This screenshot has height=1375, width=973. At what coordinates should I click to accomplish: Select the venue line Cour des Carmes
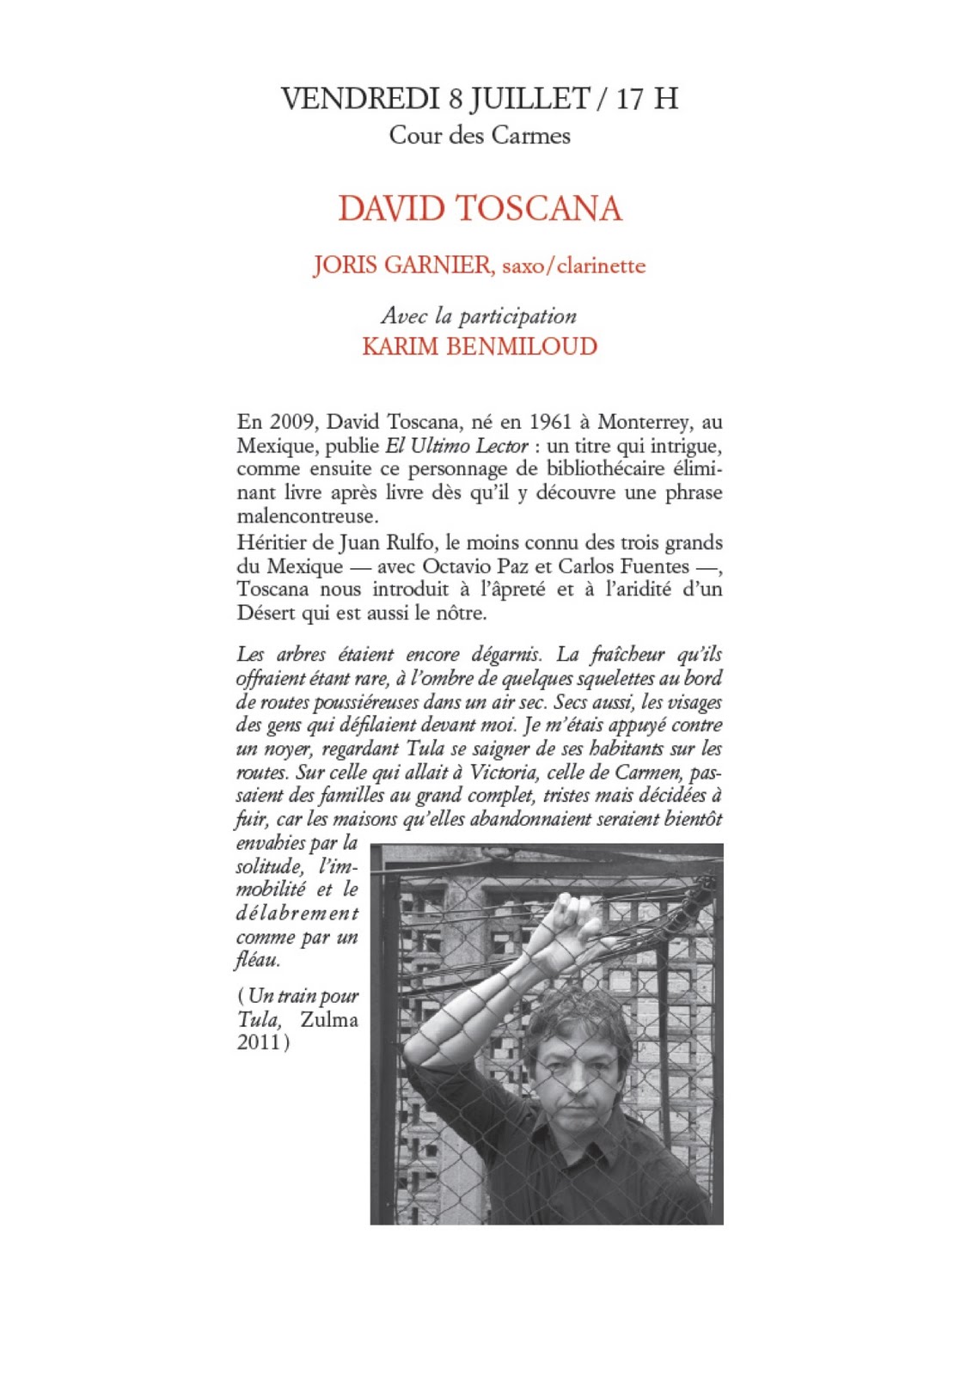point(479,136)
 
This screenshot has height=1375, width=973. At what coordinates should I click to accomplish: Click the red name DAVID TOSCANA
point(480,209)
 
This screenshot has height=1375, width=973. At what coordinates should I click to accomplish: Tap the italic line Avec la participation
point(479,316)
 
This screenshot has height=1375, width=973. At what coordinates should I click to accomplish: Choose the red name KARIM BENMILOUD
point(479,346)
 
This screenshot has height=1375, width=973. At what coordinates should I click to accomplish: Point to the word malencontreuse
point(307,516)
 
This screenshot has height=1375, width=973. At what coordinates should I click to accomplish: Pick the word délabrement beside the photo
point(297,914)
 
